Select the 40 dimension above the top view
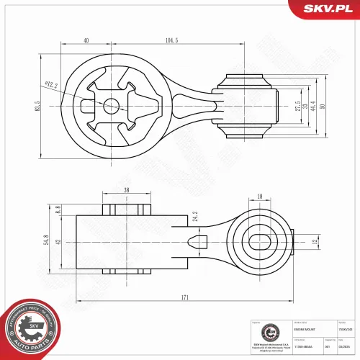[x=86, y=41]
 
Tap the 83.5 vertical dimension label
[x=37, y=105]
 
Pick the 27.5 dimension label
[x=297, y=105]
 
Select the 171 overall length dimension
[x=186, y=297]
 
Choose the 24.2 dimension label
[x=195, y=215]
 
